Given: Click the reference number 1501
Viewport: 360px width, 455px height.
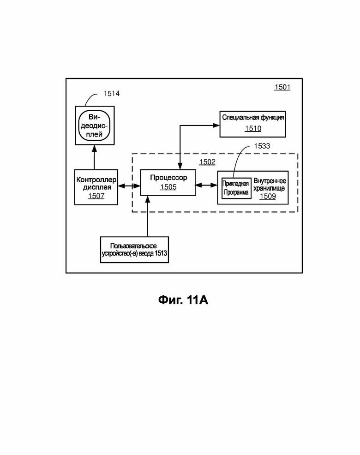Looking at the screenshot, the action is [x=282, y=87].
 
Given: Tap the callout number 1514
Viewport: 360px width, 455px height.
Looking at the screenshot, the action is [x=112, y=93].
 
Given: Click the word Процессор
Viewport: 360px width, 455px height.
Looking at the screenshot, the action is [x=168, y=178].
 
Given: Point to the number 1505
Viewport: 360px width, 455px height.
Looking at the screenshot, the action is [x=168, y=187].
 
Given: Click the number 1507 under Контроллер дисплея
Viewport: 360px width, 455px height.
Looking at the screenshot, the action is [x=96, y=196].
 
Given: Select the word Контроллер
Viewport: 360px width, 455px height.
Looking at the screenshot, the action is [x=96, y=180].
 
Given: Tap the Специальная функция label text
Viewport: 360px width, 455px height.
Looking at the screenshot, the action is [x=253, y=118].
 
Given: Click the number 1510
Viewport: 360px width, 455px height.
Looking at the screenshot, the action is [x=253, y=128].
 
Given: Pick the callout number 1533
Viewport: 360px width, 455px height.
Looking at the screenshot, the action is [x=262, y=146].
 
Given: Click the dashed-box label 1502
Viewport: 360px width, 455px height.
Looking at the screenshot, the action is [x=207, y=162].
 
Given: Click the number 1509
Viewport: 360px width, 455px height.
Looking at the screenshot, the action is [x=268, y=197].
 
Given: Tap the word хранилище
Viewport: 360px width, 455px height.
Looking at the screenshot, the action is [x=269, y=188].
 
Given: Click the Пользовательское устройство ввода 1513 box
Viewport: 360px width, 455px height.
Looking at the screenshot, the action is [x=134, y=250].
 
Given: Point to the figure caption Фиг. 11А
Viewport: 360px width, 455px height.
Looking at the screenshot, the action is [x=183, y=300].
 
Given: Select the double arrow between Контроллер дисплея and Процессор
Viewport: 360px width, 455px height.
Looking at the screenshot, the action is [x=129, y=186].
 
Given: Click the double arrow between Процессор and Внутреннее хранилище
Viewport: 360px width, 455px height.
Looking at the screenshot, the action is [x=207, y=185].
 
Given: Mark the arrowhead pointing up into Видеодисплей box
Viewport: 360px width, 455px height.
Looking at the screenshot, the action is [x=94, y=148].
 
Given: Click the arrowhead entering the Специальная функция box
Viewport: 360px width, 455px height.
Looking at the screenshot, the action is [x=216, y=126].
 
